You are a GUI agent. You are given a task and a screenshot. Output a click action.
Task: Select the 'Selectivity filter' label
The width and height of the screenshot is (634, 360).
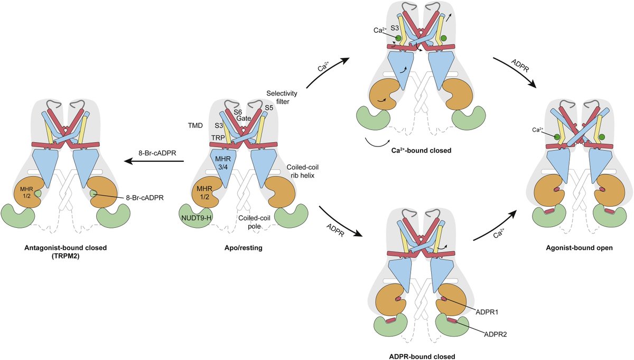(283, 97)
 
